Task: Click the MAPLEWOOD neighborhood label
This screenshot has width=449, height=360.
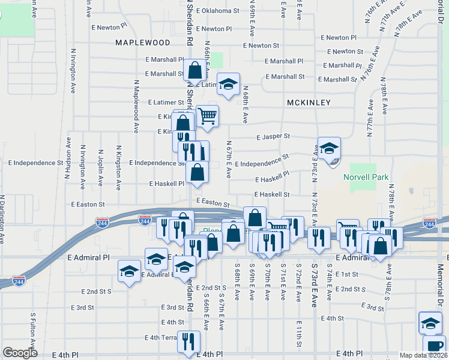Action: point(143,43)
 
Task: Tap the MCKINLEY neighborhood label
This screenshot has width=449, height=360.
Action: point(309,103)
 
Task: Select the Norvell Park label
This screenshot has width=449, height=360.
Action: point(366,177)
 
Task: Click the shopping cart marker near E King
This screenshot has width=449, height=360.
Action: point(207,116)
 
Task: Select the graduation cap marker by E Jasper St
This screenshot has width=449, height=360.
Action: point(329,148)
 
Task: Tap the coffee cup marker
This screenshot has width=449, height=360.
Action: point(435,346)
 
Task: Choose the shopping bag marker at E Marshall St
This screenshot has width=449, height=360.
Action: point(195,71)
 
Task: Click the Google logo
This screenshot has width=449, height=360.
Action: point(20,353)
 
